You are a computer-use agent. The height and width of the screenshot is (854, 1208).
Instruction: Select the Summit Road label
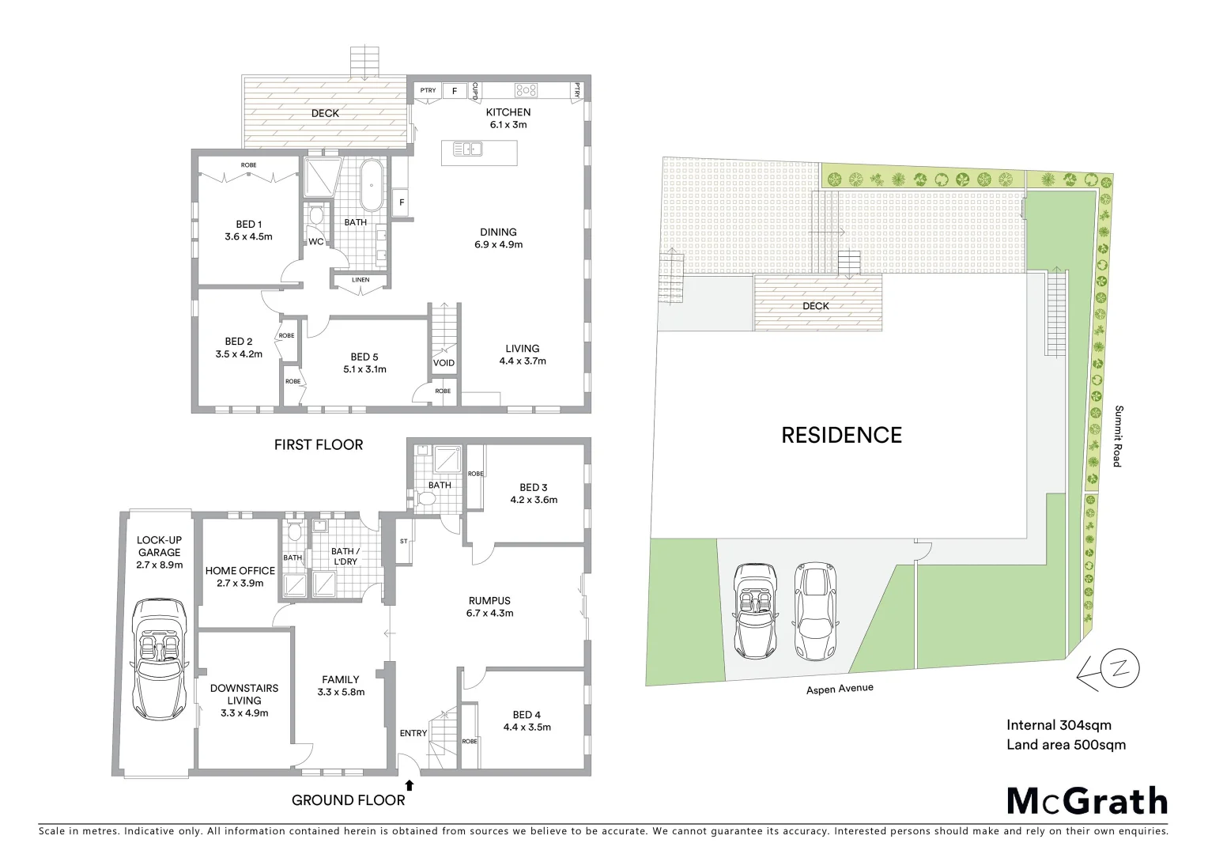pyautogui.click(x=1118, y=436)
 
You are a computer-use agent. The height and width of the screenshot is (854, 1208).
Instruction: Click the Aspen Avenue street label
pyautogui.click(x=840, y=689)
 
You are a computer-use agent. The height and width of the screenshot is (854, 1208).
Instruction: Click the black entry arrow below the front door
pyautogui.click(x=410, y=785)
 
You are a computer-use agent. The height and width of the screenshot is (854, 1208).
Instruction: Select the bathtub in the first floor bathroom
pyautogui.click(x=371, y=186)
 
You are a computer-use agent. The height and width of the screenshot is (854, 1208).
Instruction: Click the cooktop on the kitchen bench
pyautogui.click(x=527, y=90)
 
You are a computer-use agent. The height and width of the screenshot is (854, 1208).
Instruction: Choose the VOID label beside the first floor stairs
pyautogui.click(x=444, y=363)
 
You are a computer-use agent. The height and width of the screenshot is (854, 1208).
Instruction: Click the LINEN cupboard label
pyautogui.click(x=360, y=280)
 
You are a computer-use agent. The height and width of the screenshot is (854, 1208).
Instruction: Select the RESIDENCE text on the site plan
pyautogui.click(x=841, y=435)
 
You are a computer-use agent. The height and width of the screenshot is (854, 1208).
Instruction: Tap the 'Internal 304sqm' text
pyautogui.click(x=1059, y=725)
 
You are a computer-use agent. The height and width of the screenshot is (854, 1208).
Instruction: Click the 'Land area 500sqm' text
pyautogui.click(x=1066, y=745)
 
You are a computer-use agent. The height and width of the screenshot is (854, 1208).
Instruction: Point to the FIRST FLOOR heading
pyautogui.click(x=319, y=445)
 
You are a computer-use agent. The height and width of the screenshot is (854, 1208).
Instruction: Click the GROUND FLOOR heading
pyautogui.click(x=348, y=800)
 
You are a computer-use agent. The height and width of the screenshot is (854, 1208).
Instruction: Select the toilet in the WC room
pyautogui.click(x=316, y=215)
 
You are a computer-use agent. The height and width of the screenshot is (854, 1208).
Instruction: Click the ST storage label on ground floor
pyautogui.click(x=403, y=542)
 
